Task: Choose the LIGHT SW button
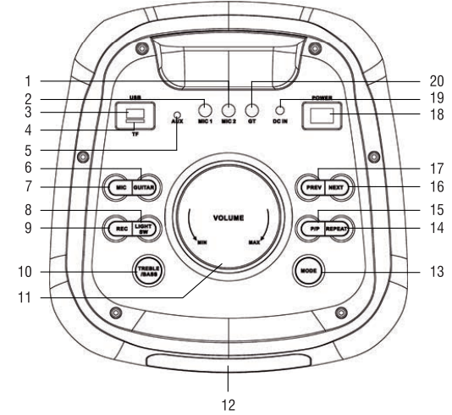coord(146,228)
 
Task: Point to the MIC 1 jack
coord(205,109)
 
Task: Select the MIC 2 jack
coord(229,109)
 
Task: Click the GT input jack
coord(251,109)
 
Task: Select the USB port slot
coord(134,114)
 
